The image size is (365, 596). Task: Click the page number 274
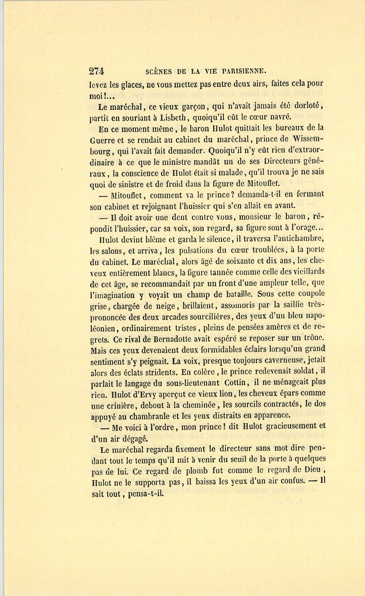97,71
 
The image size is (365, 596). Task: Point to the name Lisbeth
172,118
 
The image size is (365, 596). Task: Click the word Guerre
103,139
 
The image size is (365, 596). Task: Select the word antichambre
298,239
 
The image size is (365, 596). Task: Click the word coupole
308,294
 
